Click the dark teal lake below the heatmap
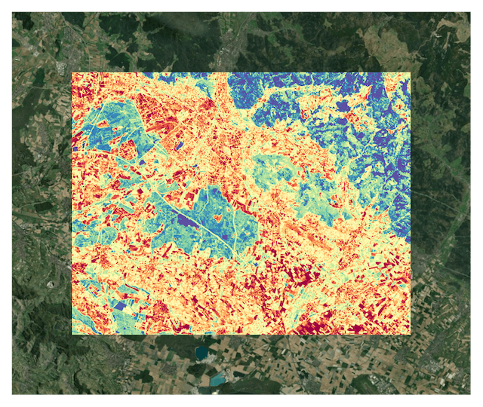tap(202, 352)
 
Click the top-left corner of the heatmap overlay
tap(72, 73)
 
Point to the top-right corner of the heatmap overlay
tap(411, 73)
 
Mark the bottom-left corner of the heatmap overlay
tap(72, 335)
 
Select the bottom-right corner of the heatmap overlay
tap(411, 335)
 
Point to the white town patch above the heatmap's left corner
tap(61, 68)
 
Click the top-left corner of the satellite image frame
tap(11, 11)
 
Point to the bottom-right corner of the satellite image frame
tap(472, 395)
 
